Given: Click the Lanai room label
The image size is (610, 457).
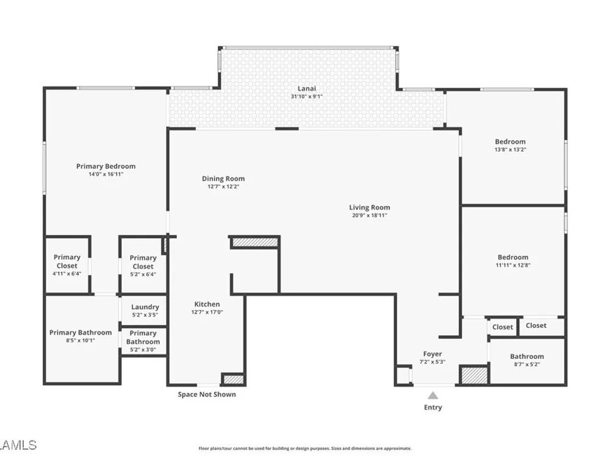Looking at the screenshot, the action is click(x=307, y=88).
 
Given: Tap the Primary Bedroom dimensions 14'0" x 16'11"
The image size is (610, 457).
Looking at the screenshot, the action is click(x=106, y=174).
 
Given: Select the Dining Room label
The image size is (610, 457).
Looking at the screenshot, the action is click(x=223, y=179).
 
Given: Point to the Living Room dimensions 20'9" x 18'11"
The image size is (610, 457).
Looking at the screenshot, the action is click(x=370, y=215).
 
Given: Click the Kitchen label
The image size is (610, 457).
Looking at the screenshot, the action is click(x=207, y=304).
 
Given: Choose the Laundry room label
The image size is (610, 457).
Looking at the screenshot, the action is click(x=145, y=307).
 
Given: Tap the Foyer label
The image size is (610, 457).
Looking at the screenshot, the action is click(x=432, y=354).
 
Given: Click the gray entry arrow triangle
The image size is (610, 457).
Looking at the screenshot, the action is click(x=433, y=395).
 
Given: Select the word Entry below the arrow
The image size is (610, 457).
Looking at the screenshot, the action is click(x=433, y=407).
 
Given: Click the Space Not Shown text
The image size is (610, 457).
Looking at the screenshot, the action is click(x=207, y=394).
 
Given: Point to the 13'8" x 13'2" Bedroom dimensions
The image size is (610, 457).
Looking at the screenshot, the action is click(x=511, y=150).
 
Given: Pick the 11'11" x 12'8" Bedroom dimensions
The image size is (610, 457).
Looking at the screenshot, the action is click(x=513, y=265).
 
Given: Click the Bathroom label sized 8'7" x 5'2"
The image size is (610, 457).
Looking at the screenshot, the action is click(x=527, y=356).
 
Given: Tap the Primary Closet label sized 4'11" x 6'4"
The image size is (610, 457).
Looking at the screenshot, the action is click(x=67, y=261).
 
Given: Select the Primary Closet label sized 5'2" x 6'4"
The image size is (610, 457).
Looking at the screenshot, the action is click(x=143, y=262).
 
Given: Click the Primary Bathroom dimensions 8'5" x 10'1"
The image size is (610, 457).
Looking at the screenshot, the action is click(x=81, y=341).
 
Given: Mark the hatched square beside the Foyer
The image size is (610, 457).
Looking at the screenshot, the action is click(x=474, y=375).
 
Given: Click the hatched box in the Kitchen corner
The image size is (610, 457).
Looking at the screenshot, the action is click(x=233, y=379).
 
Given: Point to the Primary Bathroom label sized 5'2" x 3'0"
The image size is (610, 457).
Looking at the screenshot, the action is click(x=143, y=338).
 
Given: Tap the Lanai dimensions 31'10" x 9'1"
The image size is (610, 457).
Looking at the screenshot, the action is click(x=307, y=96).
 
